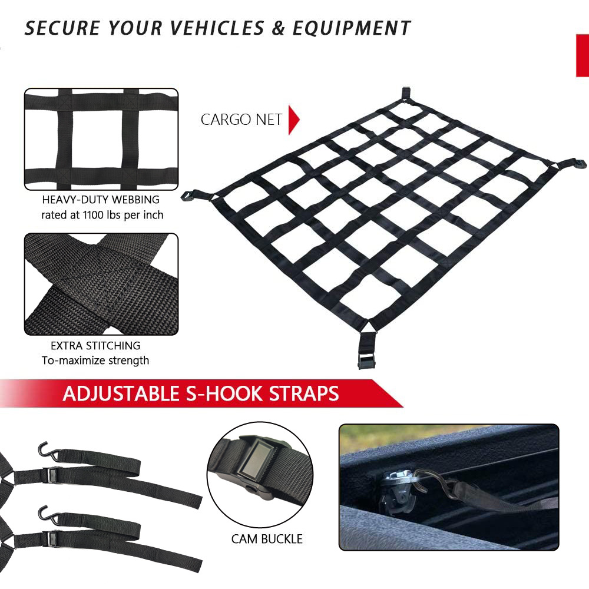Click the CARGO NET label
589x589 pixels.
click(241, 120)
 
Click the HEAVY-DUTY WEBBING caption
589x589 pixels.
click(101, 200)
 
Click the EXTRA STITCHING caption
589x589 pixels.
click(95, 346)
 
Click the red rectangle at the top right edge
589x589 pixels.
click(582, 55)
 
